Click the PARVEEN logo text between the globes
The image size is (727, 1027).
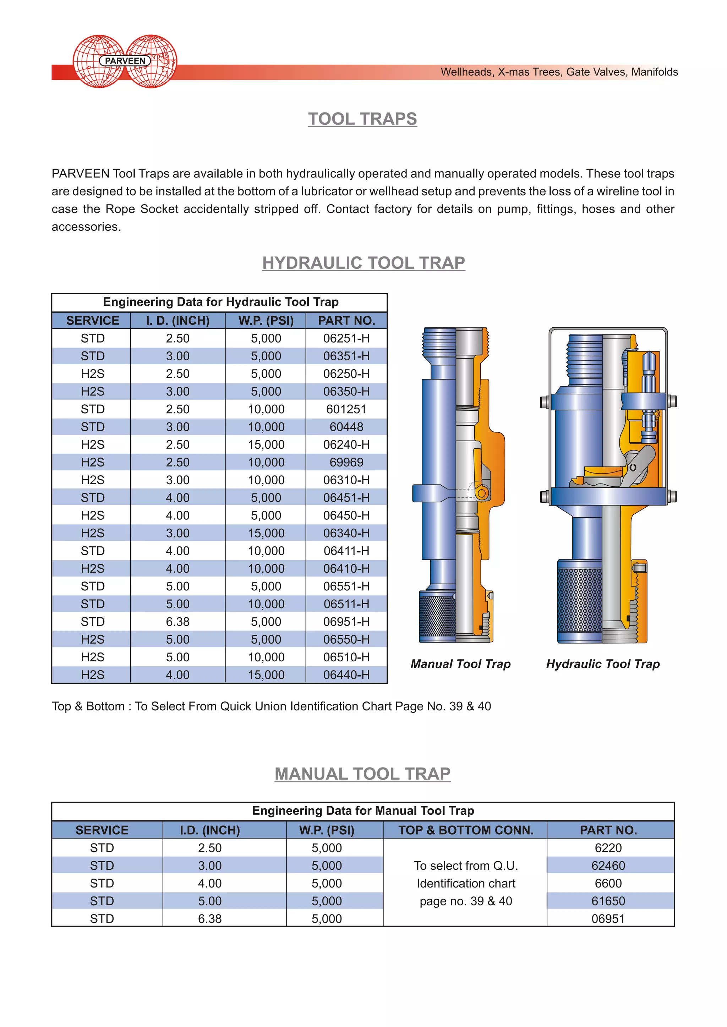point(125,61)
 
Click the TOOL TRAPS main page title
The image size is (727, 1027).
point(362,119)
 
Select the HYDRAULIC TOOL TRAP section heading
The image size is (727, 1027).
point(363,263)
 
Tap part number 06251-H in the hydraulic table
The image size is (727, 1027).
point(346,338)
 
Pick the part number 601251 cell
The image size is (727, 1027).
point(346,409)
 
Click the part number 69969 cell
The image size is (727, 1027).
point(346,463)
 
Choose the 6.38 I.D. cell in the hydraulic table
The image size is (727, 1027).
point(178,622)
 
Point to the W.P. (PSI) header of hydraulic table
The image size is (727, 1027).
point(266,321)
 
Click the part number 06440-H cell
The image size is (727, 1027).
point(346,675)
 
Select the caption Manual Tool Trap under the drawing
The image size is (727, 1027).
point(461,664)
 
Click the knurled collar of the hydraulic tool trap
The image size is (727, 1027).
point(579,600)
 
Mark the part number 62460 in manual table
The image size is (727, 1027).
point(608,866)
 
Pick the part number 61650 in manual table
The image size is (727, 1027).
point(608,901)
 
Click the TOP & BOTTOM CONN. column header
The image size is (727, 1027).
point(466,830)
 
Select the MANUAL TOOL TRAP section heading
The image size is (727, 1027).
point(362,774)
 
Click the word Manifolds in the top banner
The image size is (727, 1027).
point(655,72)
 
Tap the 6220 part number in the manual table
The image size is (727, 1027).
point(608,848)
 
